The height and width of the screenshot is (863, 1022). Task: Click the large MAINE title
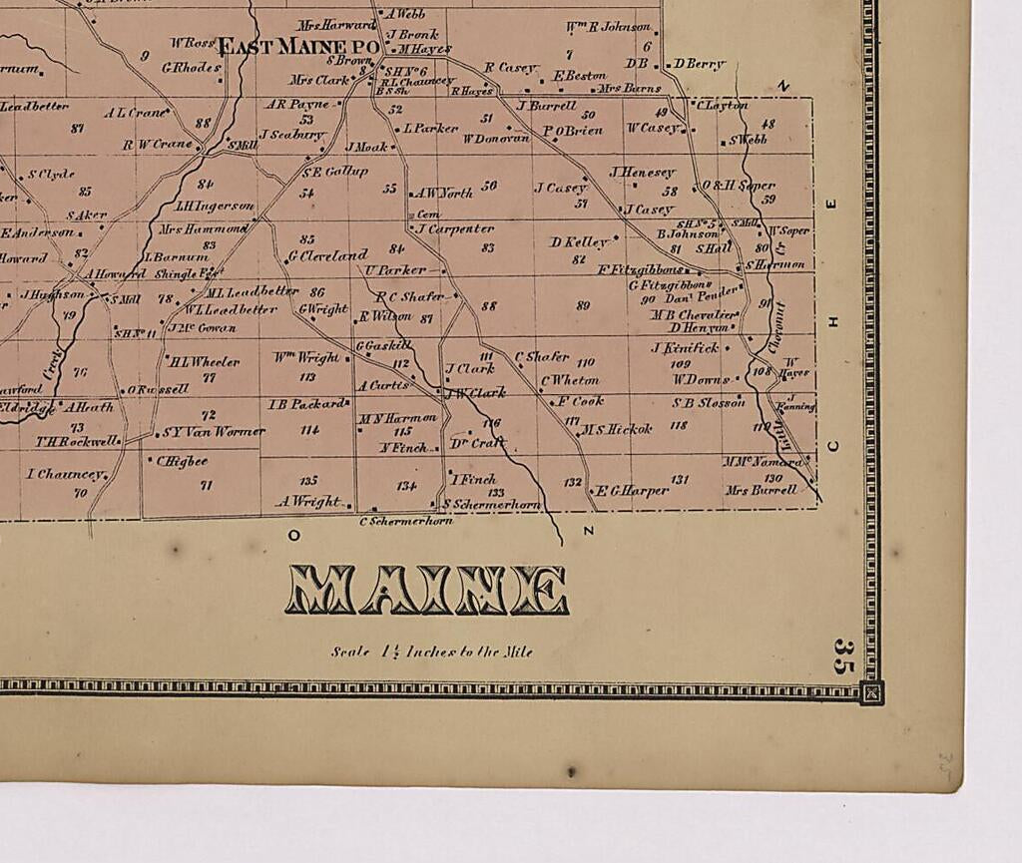(427, 590)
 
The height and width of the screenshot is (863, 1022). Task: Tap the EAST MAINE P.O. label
(297, 46)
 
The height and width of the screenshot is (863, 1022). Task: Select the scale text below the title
(432, 651)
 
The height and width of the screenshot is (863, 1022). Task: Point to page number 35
(843, 655)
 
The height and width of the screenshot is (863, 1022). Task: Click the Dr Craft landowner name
(478, 442)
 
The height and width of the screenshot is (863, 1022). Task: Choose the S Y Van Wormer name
(213, 432)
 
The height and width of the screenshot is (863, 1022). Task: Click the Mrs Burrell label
(762, 490)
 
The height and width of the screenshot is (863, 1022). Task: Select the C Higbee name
(182, 461)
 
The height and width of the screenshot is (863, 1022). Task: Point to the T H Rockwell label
(77, 441)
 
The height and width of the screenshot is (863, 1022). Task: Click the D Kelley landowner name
(579, 241)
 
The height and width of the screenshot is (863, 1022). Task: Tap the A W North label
(443, 194)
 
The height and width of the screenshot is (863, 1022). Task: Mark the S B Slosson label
(709, 403)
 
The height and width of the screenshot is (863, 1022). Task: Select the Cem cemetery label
(427, 214)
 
